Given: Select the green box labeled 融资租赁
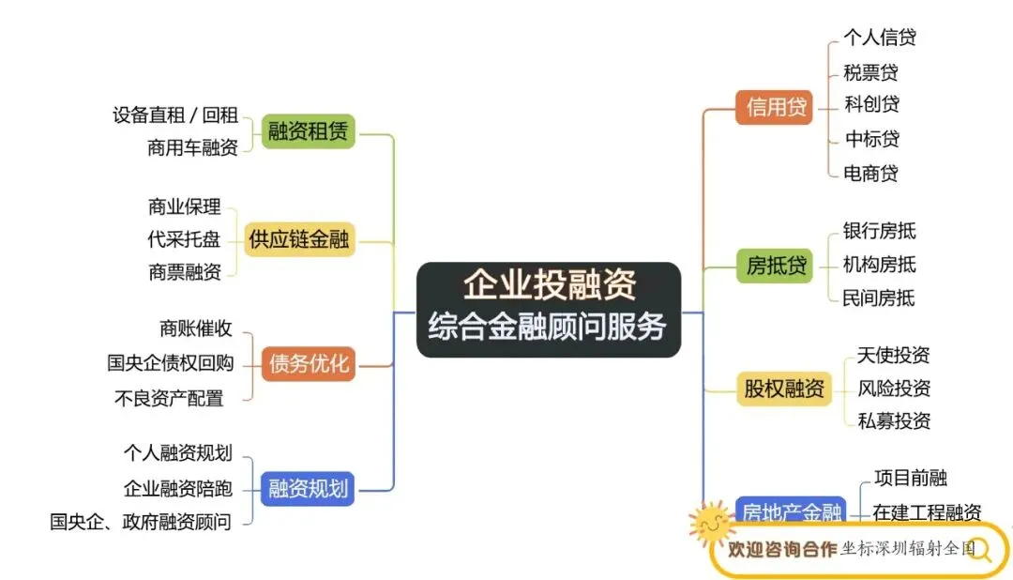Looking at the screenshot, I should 308,131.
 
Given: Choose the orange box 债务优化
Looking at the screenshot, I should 309,363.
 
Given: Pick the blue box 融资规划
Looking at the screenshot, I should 308,488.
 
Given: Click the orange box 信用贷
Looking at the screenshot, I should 775,107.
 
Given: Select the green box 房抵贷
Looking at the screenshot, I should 776,266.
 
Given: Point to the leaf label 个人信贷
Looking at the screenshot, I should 880,38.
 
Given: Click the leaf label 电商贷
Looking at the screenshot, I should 871,173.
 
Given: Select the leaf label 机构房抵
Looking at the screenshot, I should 879,265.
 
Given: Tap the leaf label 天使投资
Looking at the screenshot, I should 893,355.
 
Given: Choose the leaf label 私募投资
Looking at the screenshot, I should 894,420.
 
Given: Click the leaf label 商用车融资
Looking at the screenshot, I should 192,147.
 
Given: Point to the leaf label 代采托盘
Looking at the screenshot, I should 184,239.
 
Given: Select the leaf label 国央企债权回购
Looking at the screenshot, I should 170,363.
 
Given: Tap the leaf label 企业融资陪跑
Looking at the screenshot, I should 177,488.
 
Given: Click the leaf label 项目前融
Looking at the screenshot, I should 910,478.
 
